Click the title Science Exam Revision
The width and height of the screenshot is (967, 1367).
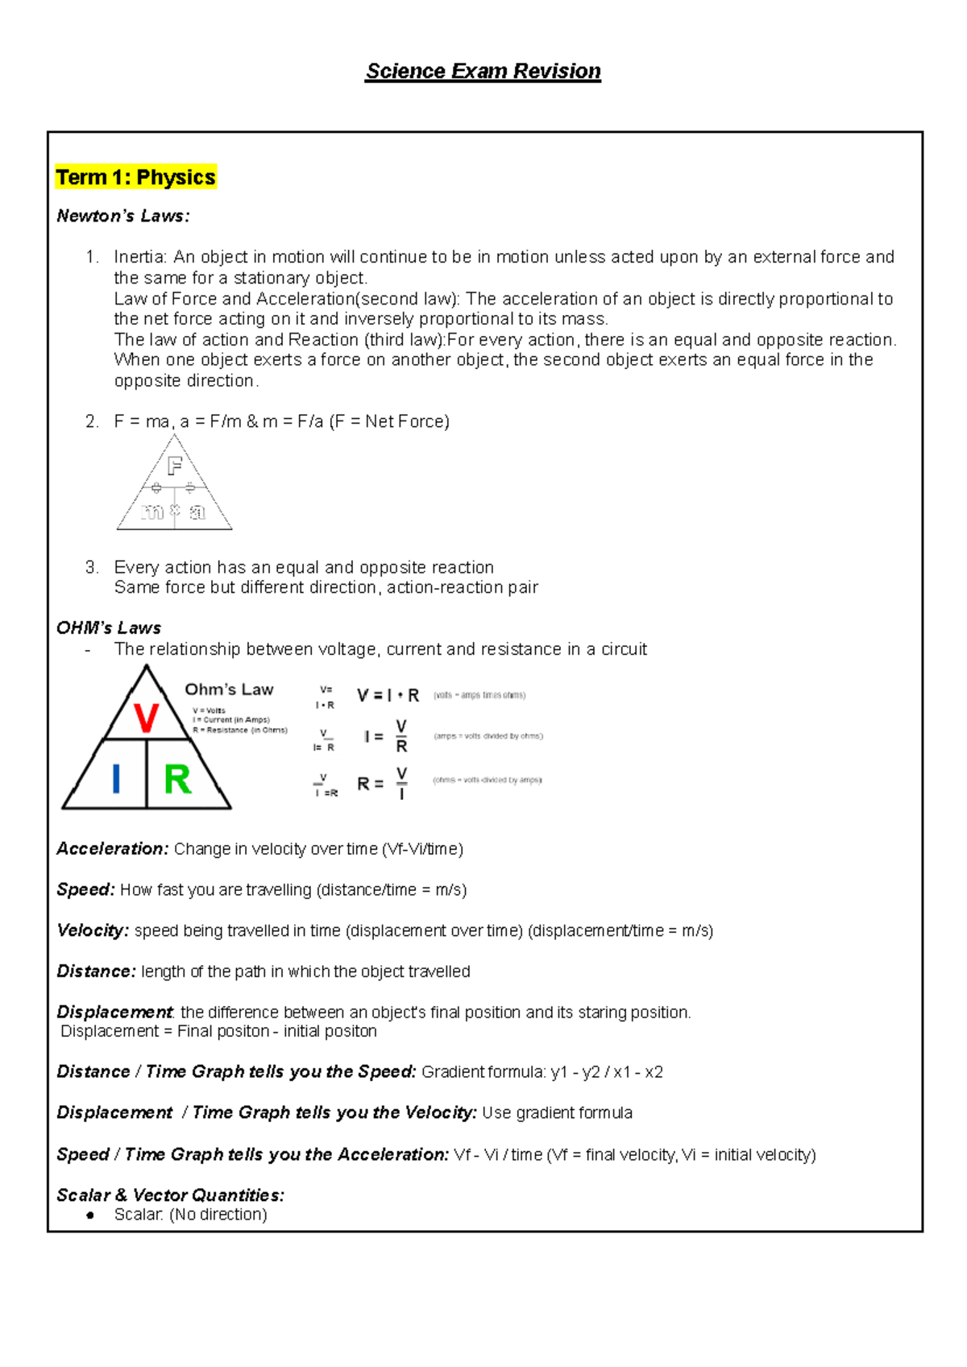483,72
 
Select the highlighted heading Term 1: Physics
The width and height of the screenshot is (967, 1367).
135,177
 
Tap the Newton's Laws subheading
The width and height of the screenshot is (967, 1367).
122,216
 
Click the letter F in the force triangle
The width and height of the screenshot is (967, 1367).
175,466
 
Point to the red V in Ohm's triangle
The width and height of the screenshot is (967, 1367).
146,718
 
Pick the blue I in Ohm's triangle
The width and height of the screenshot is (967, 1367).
116,780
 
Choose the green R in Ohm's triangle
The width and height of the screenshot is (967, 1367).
177,780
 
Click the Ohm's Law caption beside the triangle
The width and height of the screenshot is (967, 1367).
229,690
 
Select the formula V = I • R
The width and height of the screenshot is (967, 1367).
388,695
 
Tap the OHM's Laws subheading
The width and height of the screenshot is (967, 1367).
108,628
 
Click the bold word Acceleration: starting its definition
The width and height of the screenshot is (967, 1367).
112,849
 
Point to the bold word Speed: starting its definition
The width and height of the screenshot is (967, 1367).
85,889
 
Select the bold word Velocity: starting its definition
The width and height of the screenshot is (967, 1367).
92,930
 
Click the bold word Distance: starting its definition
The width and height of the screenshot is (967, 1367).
96,971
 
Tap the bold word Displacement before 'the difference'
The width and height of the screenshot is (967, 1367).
114,1012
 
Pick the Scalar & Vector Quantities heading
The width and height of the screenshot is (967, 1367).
170,1195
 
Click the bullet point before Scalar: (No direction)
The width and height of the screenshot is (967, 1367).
90,1215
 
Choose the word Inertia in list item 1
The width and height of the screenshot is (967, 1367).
139,257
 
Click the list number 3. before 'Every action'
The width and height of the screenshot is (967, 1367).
92,567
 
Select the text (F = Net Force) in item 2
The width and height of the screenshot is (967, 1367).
389,421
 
